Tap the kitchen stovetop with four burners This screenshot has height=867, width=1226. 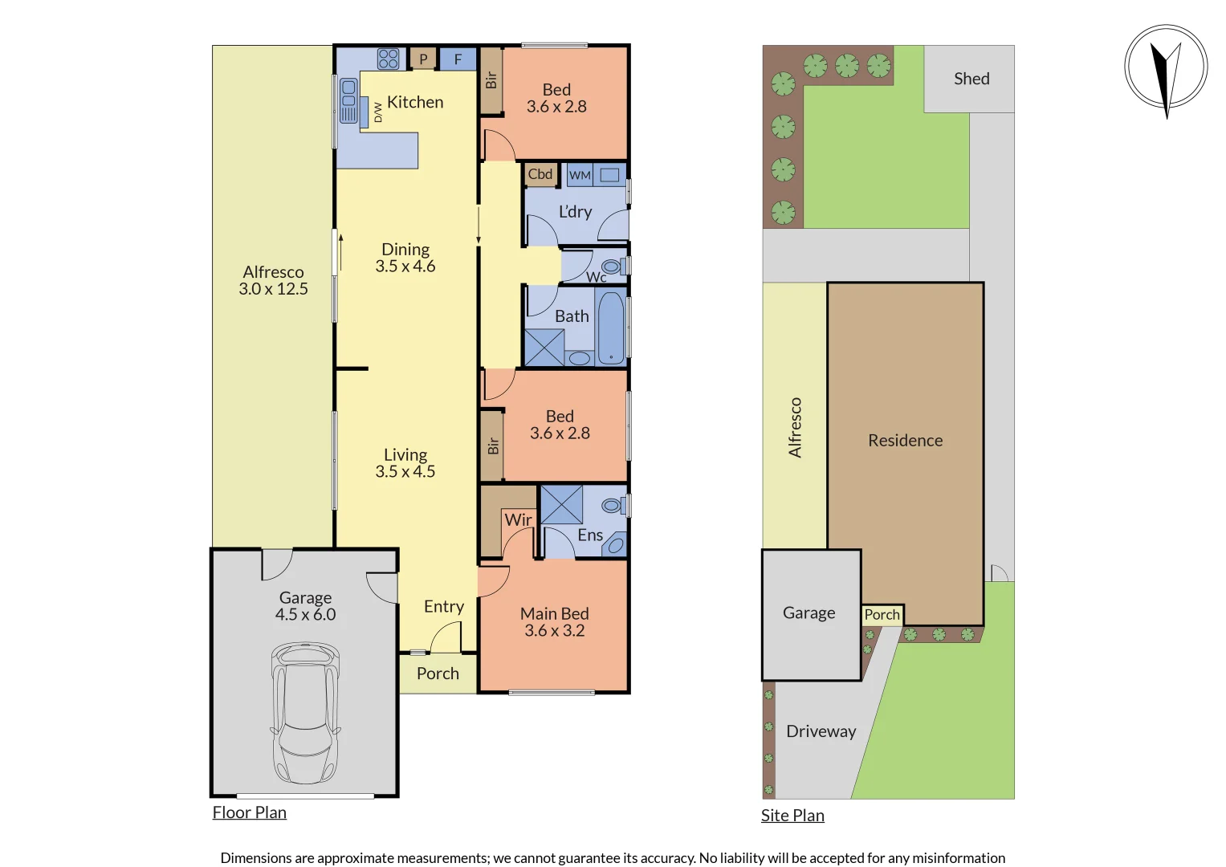(389, 59)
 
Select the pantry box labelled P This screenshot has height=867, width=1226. (423, 59)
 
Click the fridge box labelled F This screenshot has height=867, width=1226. (458, 59)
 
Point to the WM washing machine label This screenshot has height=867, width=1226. (580, 175)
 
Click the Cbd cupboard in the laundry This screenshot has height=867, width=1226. (540, 174)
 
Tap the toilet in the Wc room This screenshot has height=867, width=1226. (612, 267)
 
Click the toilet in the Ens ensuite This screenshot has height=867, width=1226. (613, 505)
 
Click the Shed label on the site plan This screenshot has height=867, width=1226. (971, 79)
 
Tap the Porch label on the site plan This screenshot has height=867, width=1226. (882, 615)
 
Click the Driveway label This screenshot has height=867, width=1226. (821, 731)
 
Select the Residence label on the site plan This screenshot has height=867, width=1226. (905, 441)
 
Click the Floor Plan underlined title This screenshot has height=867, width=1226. (249, 812)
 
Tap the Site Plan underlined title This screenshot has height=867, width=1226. (792, 816)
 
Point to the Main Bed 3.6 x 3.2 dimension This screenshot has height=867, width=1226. (554, 631)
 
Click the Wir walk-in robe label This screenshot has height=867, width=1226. (518, 520)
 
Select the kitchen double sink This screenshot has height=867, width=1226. (348, 100)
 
